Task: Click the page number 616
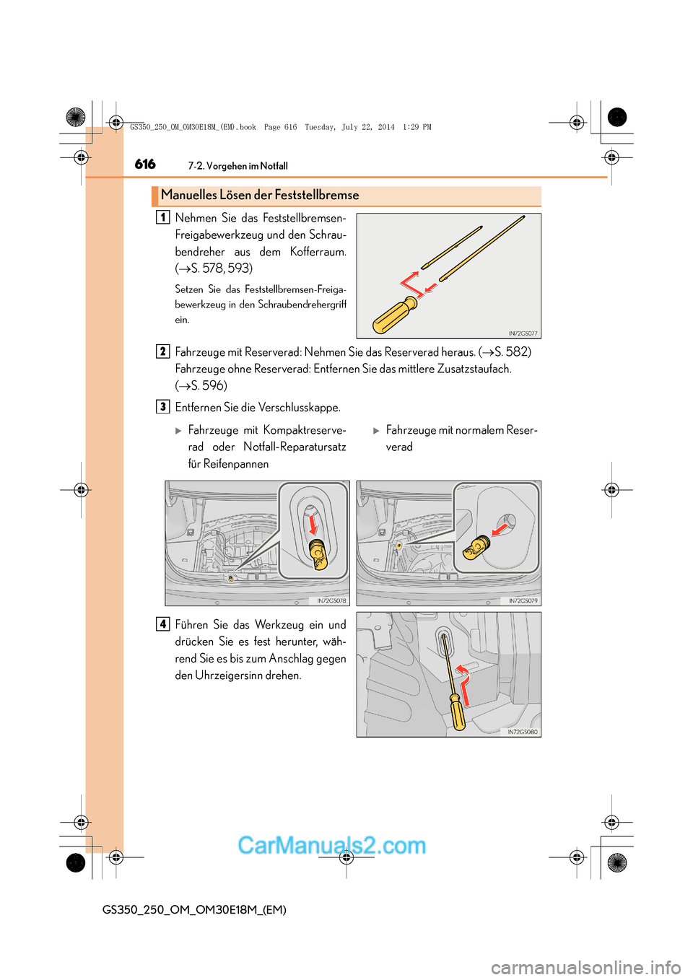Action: pos(145,165)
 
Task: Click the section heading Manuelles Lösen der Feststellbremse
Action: pos(260,195)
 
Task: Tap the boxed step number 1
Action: pos(163,217)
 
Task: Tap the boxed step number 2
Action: pos(163,351)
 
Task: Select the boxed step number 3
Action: pos(163,407)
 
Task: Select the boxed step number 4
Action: pos(163,624)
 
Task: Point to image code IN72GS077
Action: pos(523,333)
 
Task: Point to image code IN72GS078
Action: pos(331,600)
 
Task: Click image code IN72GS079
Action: pos(523,600)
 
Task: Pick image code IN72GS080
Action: pos(523,732)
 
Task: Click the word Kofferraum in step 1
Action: pos(318,252)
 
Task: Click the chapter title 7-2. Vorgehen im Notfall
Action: pos(237,166)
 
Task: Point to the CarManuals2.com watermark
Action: pos(331,845)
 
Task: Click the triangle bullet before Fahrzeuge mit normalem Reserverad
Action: pos(376,431)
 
